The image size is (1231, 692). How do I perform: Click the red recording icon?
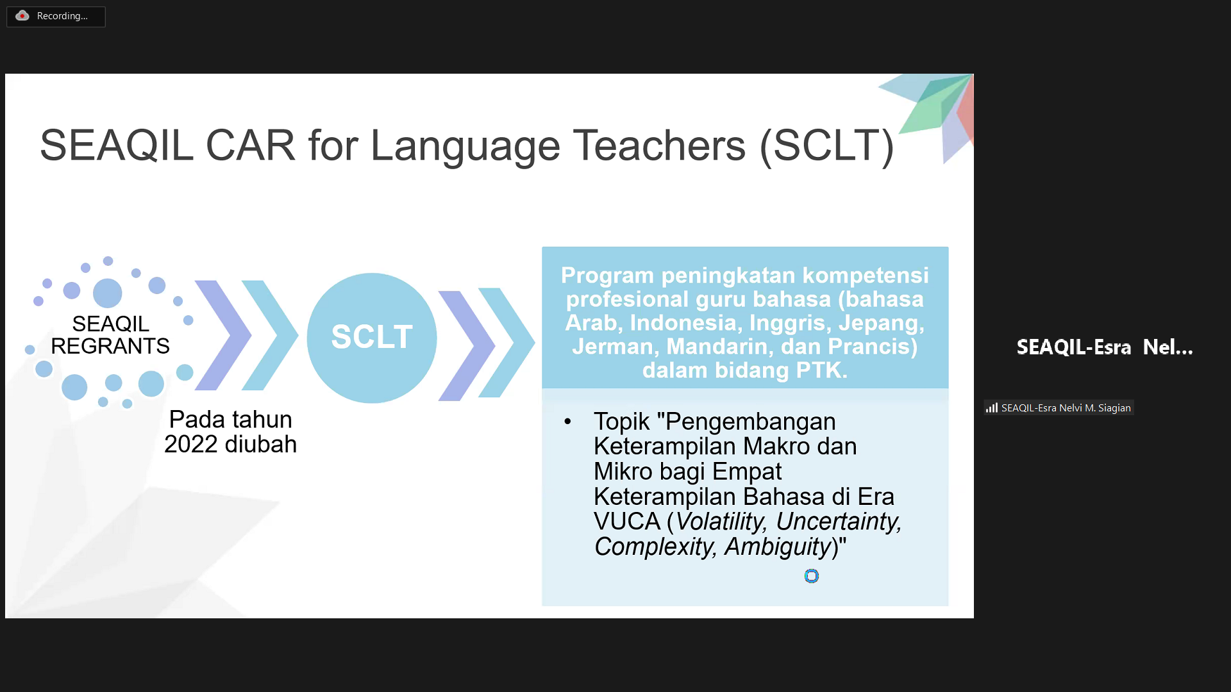22,16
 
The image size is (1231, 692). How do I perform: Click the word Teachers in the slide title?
659,145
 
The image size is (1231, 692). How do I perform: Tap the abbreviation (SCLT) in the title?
827,146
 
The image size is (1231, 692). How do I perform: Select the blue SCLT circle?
372,338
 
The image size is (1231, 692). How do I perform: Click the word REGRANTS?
110,346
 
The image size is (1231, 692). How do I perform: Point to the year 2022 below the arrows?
191,444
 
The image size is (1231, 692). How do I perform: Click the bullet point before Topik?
567,422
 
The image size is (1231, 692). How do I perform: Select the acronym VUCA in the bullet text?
627,522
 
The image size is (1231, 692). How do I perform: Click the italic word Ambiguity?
778,547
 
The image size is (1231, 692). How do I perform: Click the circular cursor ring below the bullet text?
812,576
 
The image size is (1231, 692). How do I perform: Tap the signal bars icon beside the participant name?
992,408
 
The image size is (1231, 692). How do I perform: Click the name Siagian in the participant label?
1114,408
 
